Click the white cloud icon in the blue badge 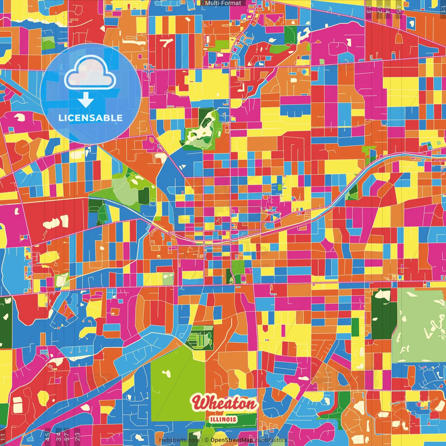[90, 75]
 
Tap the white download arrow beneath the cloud [86, 100]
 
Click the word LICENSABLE [91, 118]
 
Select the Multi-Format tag [223, 3]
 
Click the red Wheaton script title [225, 403]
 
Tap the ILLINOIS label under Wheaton [223, 419]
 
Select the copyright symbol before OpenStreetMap [206, 440]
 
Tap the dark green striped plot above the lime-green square [199, 338]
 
